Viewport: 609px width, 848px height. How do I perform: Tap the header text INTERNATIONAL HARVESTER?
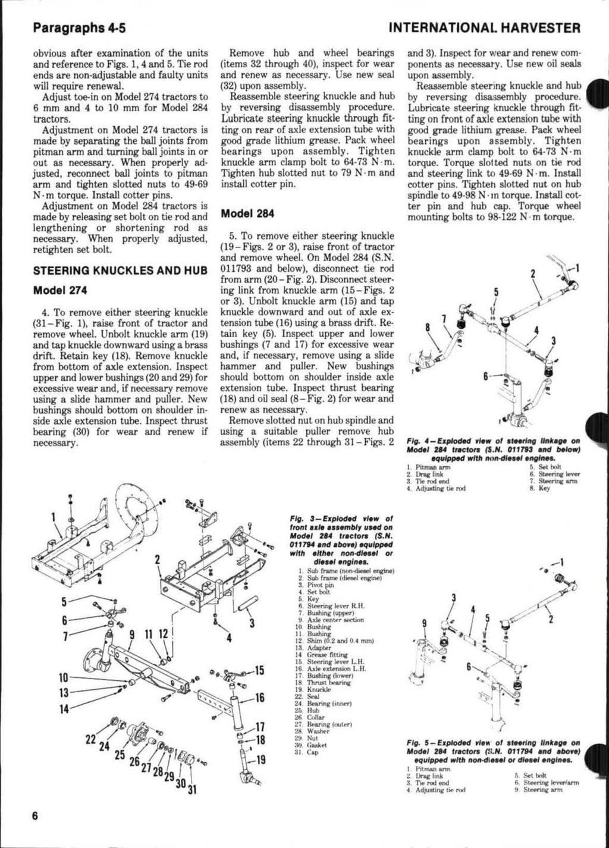[484, 27]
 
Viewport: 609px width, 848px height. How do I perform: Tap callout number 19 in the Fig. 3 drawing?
[260, 759]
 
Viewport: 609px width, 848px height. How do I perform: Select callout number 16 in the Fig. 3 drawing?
[259, 698]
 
